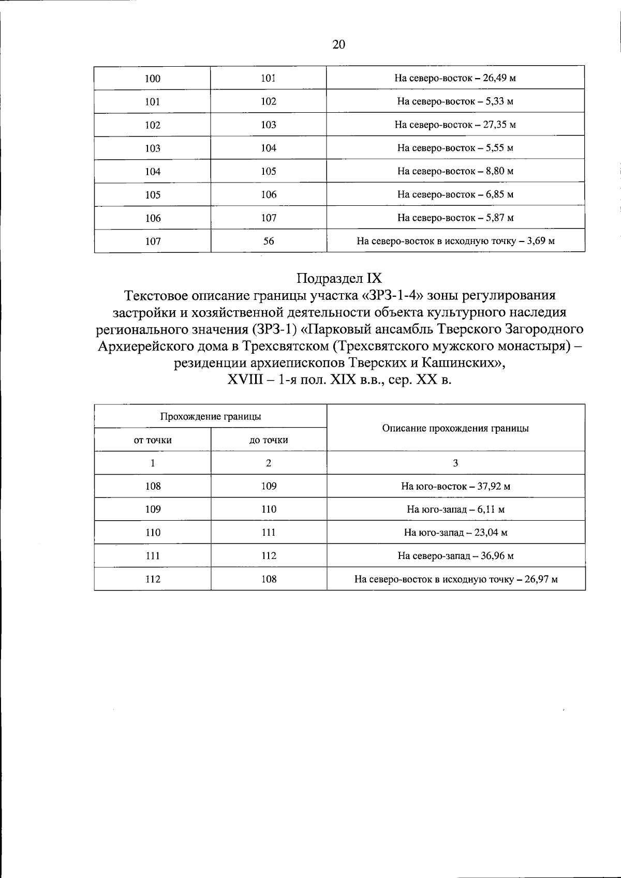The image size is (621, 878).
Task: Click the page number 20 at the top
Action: (x=338, y=45)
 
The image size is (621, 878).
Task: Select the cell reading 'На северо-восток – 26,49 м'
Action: (x=455, y=79)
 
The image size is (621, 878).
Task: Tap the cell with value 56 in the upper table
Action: (x=269, y=241)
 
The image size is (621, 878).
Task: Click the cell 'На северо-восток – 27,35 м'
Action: (x=455, y=125)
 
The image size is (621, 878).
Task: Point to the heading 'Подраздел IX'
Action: (x=339, y=278)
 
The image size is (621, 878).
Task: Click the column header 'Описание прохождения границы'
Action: (x=455, y=428)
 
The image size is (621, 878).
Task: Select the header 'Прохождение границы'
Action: (x=210, y=416)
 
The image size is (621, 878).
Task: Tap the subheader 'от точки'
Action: (x=153, y=440)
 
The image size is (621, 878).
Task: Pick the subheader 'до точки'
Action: (x=269, y=440)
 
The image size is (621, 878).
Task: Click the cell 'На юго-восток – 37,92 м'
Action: (x=455, y=487)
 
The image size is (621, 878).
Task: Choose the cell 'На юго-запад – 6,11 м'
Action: (x=455, y=510)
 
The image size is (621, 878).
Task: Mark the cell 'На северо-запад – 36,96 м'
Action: (x=455, y=556)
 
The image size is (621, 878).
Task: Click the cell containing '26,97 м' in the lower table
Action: (x=455, y=579)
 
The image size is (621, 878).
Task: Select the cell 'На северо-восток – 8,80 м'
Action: (x=455, y=171)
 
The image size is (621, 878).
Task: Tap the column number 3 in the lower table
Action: (x=455, y=463)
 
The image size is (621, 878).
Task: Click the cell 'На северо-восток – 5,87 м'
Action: (x=455, y=218)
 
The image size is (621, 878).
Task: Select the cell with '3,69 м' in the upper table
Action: (x=455, y=241)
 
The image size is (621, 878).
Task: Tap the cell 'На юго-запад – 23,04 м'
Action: (x=455, y=533)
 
